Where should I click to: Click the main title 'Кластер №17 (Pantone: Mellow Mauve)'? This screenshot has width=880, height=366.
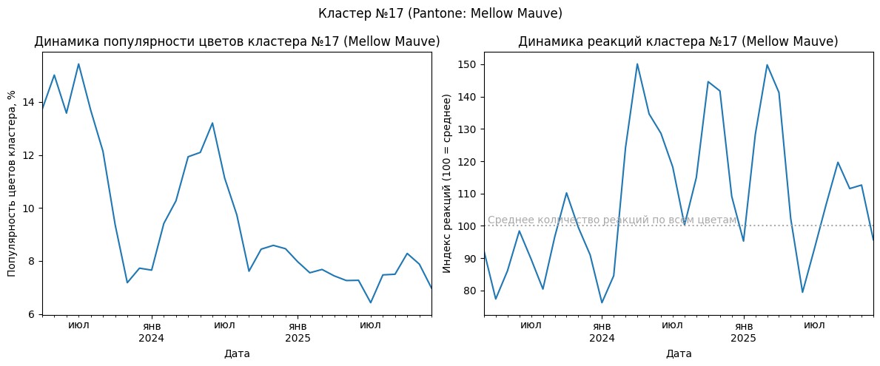coord(440,13)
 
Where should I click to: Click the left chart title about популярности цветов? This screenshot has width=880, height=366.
coord(237,42)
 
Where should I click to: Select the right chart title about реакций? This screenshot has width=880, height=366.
coord(678,42)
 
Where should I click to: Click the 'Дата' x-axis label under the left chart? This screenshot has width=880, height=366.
coord(237,353)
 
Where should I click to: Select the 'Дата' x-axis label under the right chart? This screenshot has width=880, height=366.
coord(679,353)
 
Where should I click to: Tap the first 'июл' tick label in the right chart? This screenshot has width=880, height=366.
coord(531,325)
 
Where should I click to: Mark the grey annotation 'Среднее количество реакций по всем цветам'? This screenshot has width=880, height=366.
coord(612,220)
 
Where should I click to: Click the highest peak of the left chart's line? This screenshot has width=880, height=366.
coord(78,64)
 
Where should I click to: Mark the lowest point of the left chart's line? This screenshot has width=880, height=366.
coord(370,302)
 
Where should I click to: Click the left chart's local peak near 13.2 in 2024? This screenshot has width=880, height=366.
coord(212,123)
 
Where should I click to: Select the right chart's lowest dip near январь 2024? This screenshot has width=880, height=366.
coord(602,302)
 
